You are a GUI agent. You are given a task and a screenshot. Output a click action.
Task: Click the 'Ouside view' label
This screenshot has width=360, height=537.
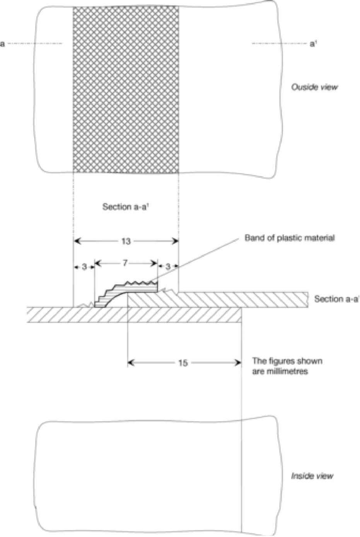(314, 87)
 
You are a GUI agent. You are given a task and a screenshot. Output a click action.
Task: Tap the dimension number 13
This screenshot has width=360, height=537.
(126, 241)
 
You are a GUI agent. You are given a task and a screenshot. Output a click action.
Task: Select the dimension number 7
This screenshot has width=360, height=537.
(125, 263)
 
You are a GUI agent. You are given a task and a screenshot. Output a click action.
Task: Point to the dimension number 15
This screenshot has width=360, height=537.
(183, 363)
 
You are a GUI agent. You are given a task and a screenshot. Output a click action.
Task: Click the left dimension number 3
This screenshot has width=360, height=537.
(84, 267)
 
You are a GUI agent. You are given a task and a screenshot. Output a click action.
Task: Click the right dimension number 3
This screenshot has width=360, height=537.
(168, 266)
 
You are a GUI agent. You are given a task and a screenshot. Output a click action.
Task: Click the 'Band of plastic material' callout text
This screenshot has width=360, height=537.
(290, 238)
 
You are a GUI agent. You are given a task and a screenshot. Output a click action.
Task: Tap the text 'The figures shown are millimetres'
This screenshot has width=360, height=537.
(287, 366)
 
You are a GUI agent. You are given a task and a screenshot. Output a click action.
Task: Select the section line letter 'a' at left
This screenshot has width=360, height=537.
(2, 44)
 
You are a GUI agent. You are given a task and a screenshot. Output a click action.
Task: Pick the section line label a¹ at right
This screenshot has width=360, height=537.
(312, 44)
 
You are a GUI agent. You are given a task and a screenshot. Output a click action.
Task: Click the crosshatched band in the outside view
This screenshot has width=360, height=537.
(126, 89)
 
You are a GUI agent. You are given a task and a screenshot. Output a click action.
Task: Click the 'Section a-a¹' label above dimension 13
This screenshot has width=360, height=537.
(125, 207)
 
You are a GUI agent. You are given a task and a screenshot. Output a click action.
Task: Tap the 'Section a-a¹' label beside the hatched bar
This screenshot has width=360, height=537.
(337, 299)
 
